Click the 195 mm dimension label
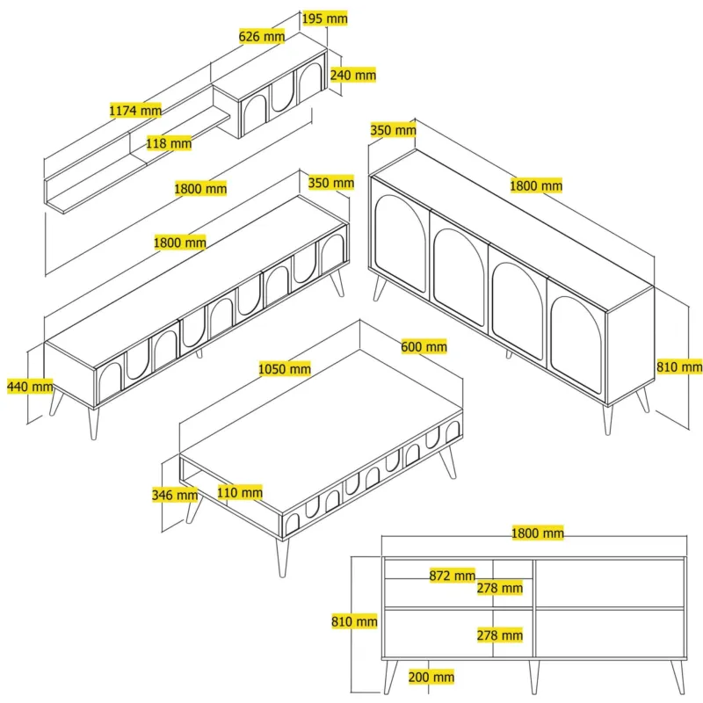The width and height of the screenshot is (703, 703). click(324, 18)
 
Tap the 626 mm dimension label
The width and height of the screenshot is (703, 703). click(262, 36)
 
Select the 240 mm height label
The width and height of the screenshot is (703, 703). click(353, 75)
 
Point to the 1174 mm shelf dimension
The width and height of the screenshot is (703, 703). click(135, 111)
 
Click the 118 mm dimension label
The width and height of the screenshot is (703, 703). click(169, 143)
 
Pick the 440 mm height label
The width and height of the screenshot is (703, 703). click(30, 386)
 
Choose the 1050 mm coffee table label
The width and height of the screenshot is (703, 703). click(285, 369)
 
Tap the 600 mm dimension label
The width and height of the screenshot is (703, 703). click(424, 346)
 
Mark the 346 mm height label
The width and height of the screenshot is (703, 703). click(175, 495)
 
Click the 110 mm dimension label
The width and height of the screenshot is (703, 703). click(240, 493)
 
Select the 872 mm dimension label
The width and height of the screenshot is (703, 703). click(452, 576)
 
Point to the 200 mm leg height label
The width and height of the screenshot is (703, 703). click(431, 677)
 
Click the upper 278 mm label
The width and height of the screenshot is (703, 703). click(500, 588)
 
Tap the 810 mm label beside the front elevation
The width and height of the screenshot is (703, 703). click(354, 621)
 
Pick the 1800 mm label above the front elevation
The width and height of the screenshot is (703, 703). click(538, 533)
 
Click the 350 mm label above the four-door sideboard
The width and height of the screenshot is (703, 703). click(393, 130)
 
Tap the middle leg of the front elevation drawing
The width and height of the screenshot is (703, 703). click(533, 677)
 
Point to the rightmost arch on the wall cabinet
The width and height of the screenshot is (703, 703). click(310, 81)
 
